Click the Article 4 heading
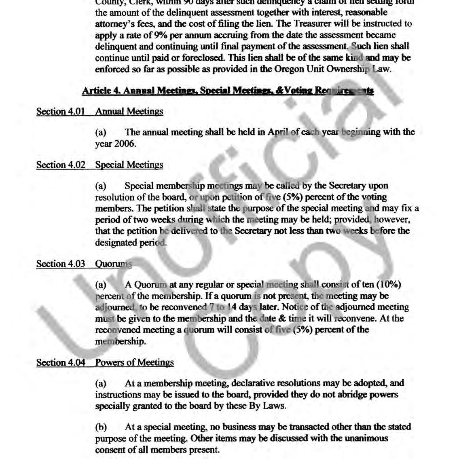[x=228, y=91]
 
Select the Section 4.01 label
[x=61, y=111]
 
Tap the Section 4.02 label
[x=61, y=165]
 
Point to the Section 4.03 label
[x=61, y=264]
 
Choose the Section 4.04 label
[x=61, y=362]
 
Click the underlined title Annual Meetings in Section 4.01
[x=129, y=111]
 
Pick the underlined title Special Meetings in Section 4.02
[x=129, y=165]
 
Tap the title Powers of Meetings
[x=135, y=362]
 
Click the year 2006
[x=125, y=144]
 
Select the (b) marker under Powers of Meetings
[x=101, y=427]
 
